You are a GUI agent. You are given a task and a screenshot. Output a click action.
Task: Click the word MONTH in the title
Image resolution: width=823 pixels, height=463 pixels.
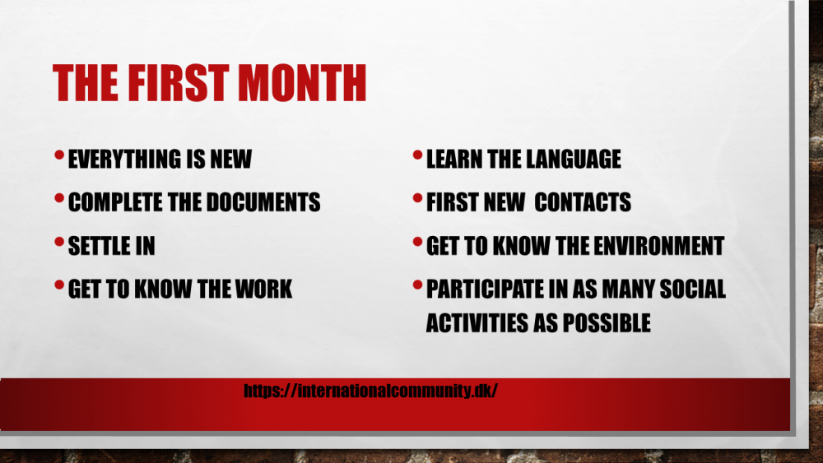(302, 82)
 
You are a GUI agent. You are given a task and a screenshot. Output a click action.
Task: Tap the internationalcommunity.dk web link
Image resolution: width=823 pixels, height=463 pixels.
(370, 391)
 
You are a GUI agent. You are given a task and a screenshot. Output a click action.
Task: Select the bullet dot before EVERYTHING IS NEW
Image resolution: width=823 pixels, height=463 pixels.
(59, 155)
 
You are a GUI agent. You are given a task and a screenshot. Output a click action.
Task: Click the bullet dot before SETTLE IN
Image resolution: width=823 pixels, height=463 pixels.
(59, 242)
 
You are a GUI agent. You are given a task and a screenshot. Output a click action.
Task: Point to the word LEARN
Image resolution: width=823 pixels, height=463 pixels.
(454, 159)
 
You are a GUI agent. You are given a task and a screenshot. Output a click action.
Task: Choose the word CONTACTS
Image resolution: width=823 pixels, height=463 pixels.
(583, 202)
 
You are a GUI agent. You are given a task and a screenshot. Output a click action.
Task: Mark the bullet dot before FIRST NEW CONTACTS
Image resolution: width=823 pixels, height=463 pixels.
(418, 198)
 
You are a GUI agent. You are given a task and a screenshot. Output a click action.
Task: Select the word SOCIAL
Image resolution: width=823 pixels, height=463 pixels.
(693, 289)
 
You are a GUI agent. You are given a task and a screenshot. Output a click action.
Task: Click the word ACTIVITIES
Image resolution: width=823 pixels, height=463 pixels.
(477, 323)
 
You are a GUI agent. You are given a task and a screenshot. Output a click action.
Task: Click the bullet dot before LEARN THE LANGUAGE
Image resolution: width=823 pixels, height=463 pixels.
(418, 155)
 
